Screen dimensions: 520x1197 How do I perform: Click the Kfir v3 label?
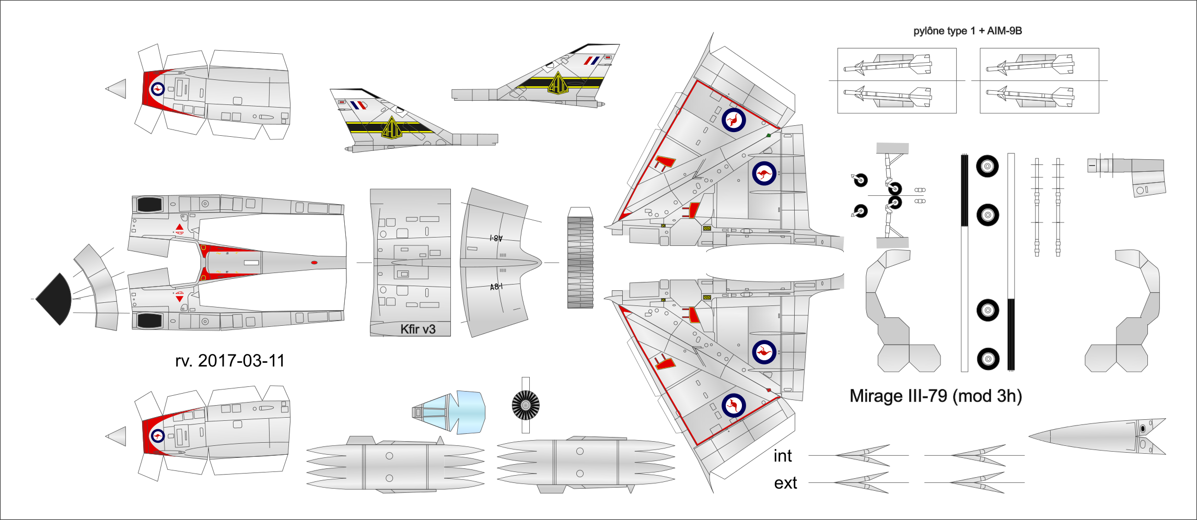pos(417,329)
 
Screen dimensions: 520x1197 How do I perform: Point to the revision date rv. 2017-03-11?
pos(230,361)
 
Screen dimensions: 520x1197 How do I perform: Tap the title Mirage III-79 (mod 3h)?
pos(935,396)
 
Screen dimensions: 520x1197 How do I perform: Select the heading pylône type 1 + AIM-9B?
pos(967,31)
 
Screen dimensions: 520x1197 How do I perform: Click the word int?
pos(783,456)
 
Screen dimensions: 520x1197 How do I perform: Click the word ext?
pos(785,483)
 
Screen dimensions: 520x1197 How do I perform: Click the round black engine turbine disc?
pos(526,405)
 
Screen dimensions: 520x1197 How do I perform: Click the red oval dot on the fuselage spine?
pos(314,263)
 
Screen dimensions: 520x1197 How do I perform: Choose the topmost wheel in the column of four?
pos(987,167)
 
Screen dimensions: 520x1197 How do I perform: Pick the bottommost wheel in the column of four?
pos(987,359)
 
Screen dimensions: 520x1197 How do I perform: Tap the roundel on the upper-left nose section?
pos(157,89)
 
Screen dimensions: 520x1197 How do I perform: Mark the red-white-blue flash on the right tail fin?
pos(591,61)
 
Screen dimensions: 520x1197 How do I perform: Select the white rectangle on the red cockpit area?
pos(251,263)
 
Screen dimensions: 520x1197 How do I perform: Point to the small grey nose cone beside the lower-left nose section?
pos(117,436)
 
